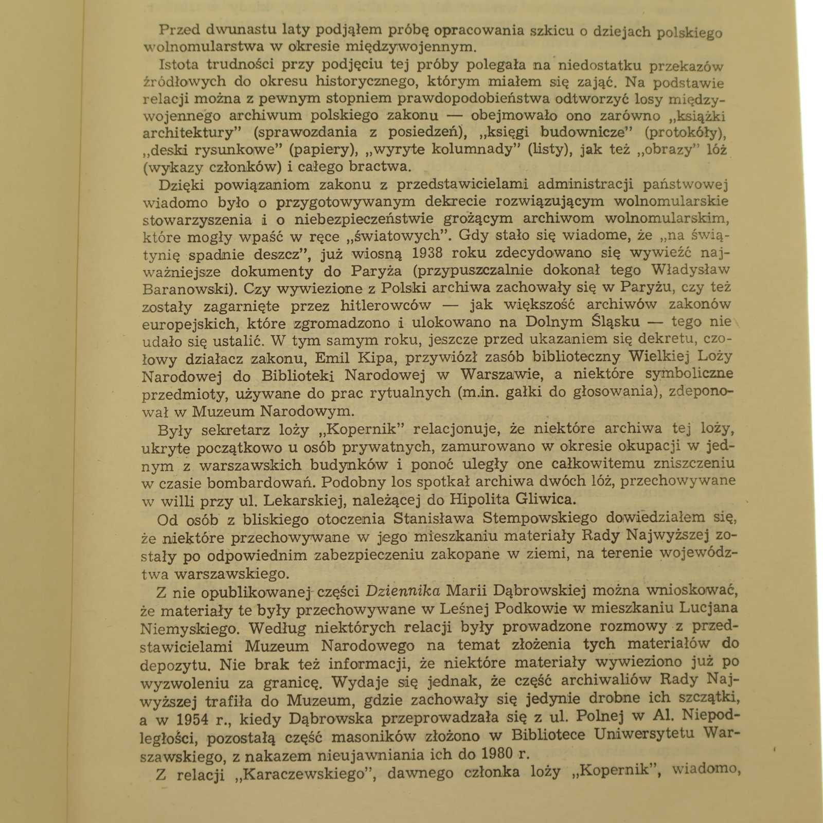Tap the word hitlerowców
(386, 305)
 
